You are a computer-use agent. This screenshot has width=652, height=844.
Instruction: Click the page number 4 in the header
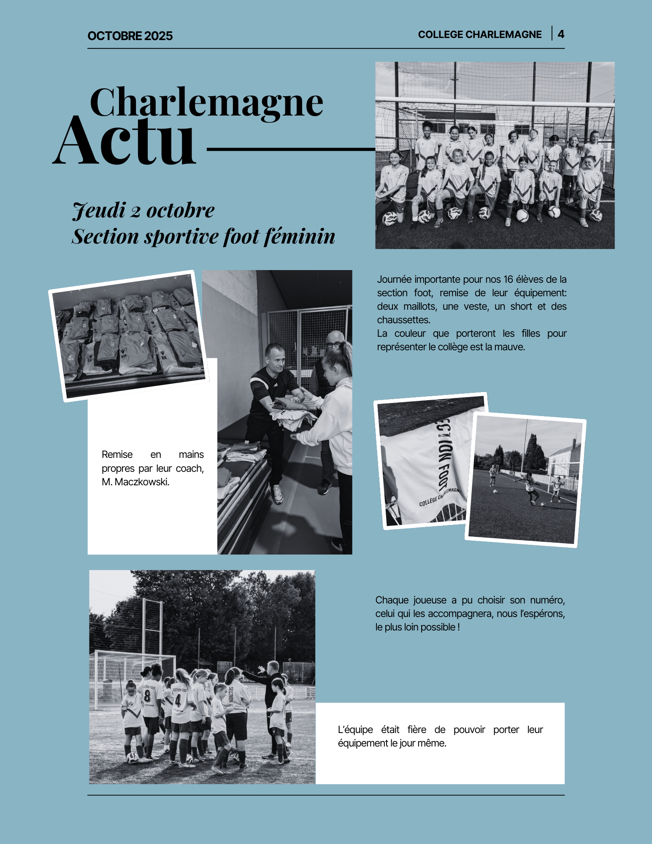pyautogui.click(x=561, y=34)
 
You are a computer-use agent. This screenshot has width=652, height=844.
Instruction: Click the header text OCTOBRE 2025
pyautogui.click(x=130, y=36)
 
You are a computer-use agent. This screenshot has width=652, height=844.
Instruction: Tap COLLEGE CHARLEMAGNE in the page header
pyautogui.click(x=480, y=35)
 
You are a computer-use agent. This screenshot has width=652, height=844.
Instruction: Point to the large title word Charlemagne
pyautogui.click(x=206, y=103)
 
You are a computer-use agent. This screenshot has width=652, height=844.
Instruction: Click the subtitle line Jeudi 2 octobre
pyautogui.click(x=143, y=210)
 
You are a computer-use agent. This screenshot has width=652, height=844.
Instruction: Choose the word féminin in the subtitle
pyautogui.click(x=300, y=236)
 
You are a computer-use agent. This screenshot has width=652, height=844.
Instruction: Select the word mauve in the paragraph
pyautogui.click(x=510, y=347)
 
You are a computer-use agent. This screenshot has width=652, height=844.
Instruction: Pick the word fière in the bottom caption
pyautogui.click(x=417, y=730)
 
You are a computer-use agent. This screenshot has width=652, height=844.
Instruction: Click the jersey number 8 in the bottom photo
pyautogui.click(x=147, y=697)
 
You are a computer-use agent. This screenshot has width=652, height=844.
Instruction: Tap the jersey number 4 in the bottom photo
pyautogui.click(x=178, y=701)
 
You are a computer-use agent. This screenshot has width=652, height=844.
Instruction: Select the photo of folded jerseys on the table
pyautogui.click(x=129, y=335)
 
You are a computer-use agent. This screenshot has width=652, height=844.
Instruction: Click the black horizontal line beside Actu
pyautogui.click(x=291, y=149)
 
